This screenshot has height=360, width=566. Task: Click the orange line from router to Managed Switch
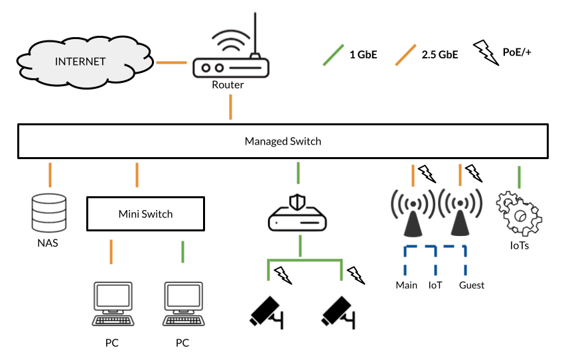231,107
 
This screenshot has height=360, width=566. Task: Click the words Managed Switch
283,141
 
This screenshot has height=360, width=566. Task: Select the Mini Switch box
145,213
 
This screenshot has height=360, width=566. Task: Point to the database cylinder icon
50,213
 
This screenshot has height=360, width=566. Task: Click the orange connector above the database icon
50,174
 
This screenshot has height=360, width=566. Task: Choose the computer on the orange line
113,304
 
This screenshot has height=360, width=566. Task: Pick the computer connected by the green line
184,304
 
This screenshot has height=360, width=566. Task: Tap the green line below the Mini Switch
183,252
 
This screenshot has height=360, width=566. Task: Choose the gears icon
520,212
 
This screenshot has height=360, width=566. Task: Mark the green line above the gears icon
519,176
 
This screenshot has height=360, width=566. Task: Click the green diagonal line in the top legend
333,55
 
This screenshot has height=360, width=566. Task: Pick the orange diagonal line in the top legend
405,55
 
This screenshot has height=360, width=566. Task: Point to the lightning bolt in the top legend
486,52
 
